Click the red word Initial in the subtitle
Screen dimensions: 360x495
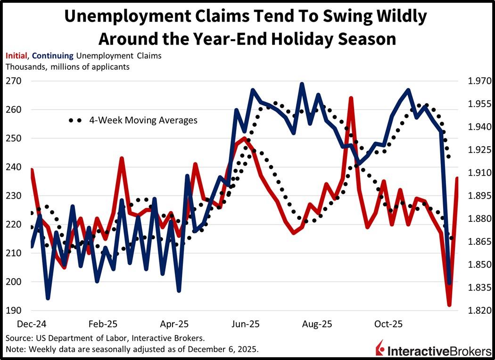pyautogui.click(x=16, y=56)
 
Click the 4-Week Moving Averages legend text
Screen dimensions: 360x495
pyautogui.click(x=143, y=120)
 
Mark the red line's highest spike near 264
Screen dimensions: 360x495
pyautogui.click(x=351, y=98)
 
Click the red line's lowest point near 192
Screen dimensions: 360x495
pyautogui.click(x=449, y=305)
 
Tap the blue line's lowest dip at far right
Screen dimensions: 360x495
pyautogui.click(x=449, y=283)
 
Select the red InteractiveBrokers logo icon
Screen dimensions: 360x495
pyautogui.click(x=380, y=349)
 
